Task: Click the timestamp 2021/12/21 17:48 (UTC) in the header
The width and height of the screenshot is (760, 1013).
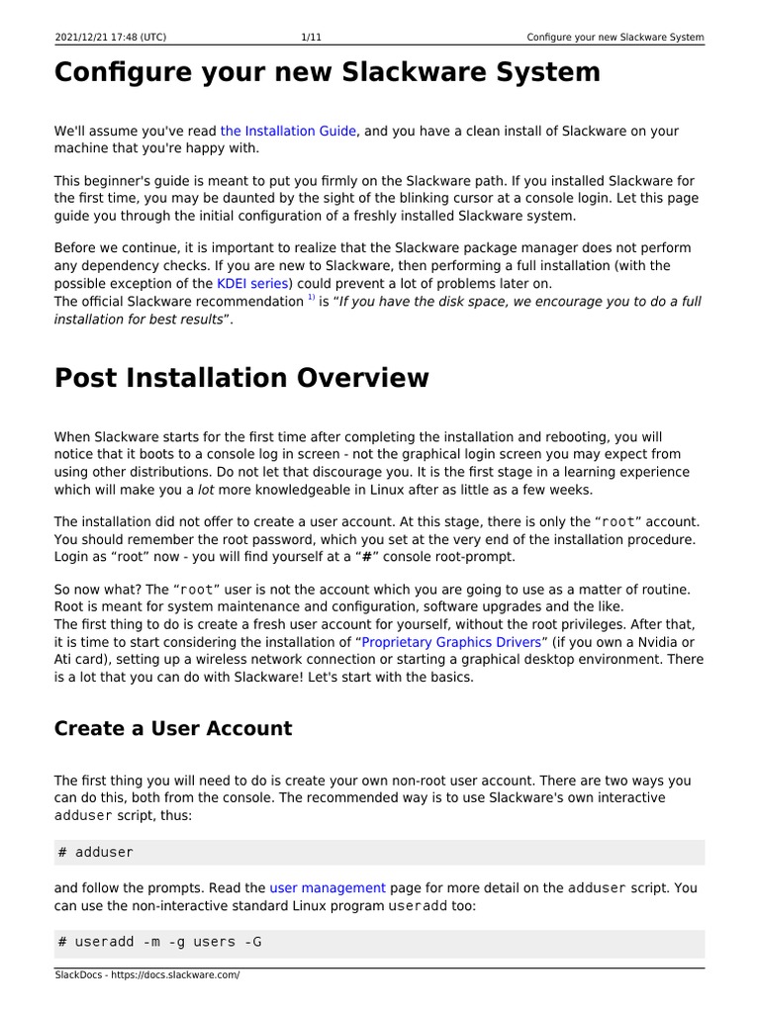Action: tap(110, 38)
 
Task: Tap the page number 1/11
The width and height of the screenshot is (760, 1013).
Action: tap(311, 38)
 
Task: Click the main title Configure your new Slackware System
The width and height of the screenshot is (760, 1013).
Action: tap(327, 72)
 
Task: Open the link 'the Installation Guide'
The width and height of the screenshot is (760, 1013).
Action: tap(288, 131)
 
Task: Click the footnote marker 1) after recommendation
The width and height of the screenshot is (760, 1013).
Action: tap(311, 298)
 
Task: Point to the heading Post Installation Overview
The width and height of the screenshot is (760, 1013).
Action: tap(241, 378)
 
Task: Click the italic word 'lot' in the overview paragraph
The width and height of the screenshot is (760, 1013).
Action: tap(205, 490)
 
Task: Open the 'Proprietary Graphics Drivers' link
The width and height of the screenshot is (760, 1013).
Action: tap(451, 642)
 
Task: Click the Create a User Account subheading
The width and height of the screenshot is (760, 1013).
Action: tap(173, 729)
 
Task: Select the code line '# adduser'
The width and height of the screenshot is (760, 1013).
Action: tap(96, 852)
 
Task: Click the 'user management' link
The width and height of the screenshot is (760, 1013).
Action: tap(328, 888)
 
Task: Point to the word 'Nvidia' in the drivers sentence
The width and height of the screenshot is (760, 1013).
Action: tap(653, 642)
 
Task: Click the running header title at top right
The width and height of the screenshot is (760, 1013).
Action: tap(615, 38)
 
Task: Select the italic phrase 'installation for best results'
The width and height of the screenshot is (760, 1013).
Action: tap(142, 320)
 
